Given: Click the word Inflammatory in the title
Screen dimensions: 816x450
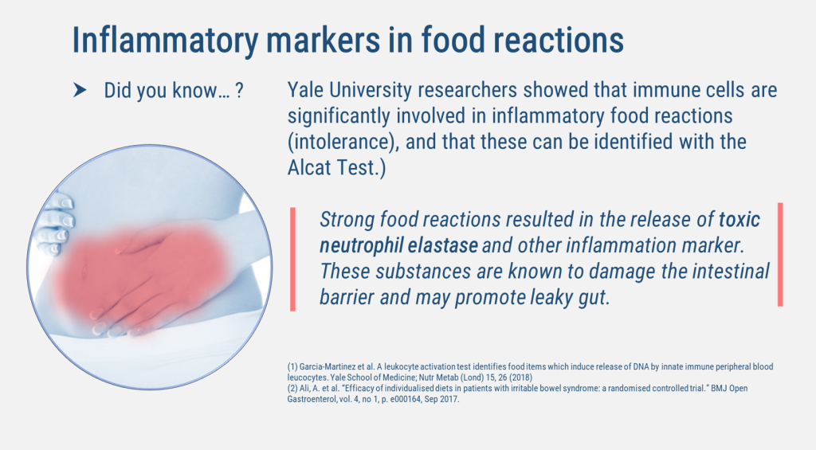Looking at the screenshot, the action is point(165,40).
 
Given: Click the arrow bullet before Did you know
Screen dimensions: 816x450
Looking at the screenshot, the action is point(80,90).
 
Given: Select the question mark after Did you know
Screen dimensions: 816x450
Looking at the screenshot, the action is point(239,90).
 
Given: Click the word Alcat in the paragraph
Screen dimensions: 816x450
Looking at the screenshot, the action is point(310,167).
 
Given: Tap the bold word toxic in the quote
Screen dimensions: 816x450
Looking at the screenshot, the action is point(739,220).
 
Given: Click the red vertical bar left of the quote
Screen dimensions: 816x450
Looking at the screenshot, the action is point(292,259).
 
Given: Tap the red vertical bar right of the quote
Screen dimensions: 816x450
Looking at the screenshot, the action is point(780,254).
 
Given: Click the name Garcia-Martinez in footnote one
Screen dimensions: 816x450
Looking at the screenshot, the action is point(325,366).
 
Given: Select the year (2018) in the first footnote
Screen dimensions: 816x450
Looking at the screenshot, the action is point(520,378).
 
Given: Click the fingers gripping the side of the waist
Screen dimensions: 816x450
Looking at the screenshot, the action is point(57,225).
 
